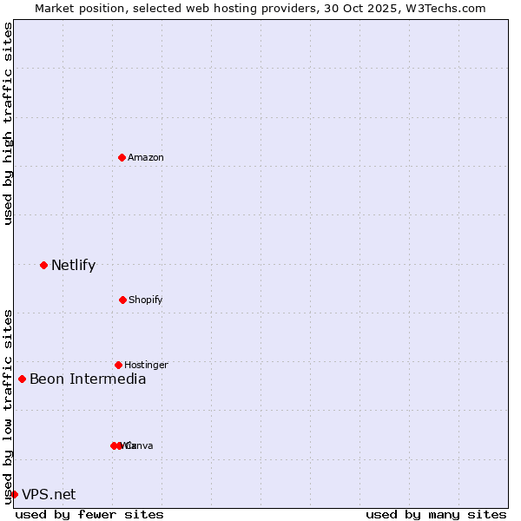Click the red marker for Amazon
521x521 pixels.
122,157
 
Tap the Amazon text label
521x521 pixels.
146,157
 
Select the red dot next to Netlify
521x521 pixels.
43,265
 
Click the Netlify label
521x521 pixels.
73,266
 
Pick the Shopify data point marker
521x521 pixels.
122,300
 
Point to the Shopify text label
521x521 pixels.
146,300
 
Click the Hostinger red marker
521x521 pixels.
118,365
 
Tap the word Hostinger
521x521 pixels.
146,365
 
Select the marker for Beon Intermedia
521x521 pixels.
22,379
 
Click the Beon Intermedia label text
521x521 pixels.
88,379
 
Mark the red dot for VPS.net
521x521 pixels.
14,494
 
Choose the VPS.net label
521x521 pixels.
49,495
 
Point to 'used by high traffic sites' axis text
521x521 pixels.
8,124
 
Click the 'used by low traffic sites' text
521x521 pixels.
8,406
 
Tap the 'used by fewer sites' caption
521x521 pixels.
89,514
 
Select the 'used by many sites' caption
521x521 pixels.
436,514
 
